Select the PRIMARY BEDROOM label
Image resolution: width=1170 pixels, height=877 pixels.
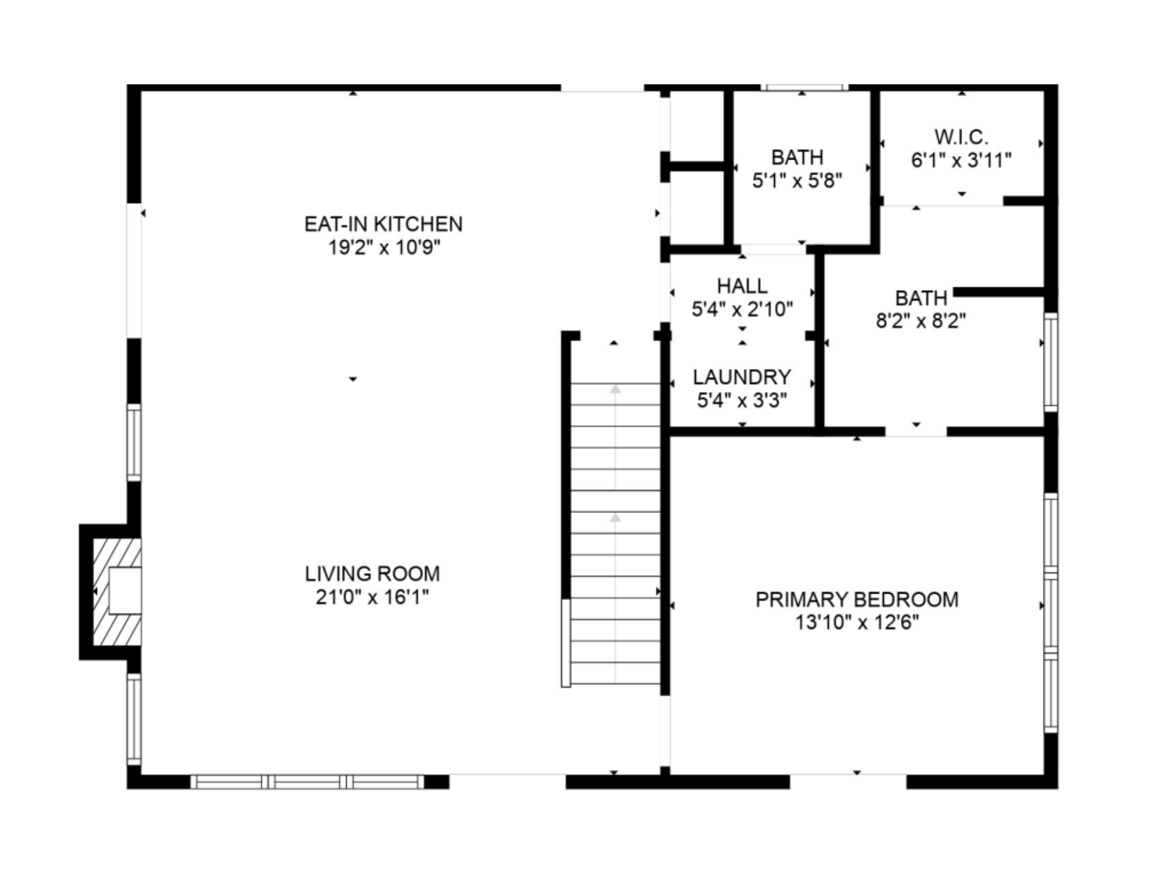pyautogui.click(x=857, y=600)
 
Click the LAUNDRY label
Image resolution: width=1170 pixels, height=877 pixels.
pyautogui.click(x=742, y=377)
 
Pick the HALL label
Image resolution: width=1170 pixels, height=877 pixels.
pyautogui.click(x=742, y=286)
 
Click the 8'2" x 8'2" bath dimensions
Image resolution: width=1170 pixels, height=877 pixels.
pyautogui.click(x=921, y=321)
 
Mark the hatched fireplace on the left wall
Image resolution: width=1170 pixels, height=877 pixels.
pyautogui.click(x=117, y=592)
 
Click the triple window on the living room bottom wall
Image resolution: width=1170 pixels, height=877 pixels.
pyautogui.click(x=307, y=782)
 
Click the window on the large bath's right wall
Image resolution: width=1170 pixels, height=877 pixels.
pyautogui.click(x=1051, y=362)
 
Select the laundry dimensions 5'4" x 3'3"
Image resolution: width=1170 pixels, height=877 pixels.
pyautogui.click(x=742, y=400)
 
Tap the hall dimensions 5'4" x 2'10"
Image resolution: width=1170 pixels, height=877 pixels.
pyautogui.click(x=742, y=309)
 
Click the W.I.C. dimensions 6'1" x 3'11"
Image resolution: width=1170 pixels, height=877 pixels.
pyautogui.click(x=961, y=160)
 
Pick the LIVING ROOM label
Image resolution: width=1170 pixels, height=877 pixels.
pyautogui.click(x=372, y=574)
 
